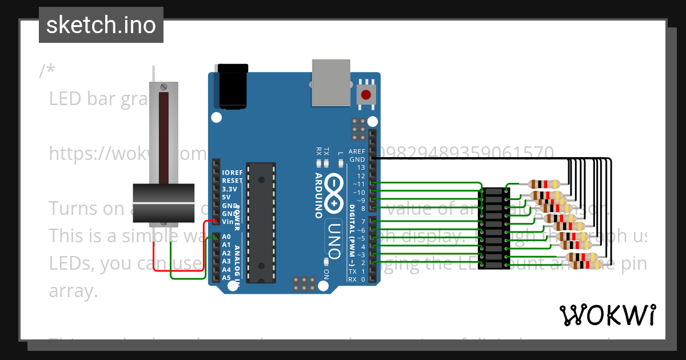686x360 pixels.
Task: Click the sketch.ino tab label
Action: (x=101, y=25)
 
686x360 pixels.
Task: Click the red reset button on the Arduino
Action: (x=365, y=94)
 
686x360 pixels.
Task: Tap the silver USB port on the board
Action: (x=331, y=82)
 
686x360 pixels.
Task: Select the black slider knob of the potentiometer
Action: (x=164, y=203)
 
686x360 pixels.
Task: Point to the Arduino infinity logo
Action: (x=333, y=191)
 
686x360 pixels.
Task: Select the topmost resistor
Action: (x=544, y=184)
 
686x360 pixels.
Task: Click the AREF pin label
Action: (x=357, y=151)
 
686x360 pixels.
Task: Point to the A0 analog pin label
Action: (x=226, y=236)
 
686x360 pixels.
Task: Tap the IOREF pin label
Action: (x=232, y=172)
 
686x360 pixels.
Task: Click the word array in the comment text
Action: (x=73, y=291)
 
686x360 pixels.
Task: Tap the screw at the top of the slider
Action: (x=164, y=87)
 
